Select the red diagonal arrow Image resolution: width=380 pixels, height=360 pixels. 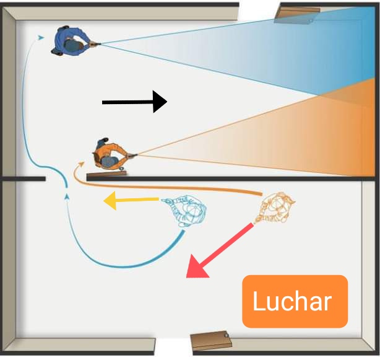220,252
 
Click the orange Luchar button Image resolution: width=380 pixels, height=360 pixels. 295,301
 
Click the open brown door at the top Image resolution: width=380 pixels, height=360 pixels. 298,12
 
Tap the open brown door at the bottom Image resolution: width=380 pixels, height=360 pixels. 210,340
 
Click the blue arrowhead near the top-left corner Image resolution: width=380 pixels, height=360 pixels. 41,38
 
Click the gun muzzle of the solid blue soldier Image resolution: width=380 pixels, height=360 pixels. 98,43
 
